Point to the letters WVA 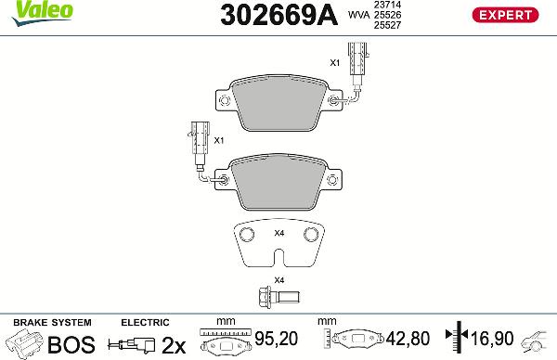point(356,16)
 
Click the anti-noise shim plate point(278,246)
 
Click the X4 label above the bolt point(278,279)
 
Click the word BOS point(71,344)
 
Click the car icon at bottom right point(538,343)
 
